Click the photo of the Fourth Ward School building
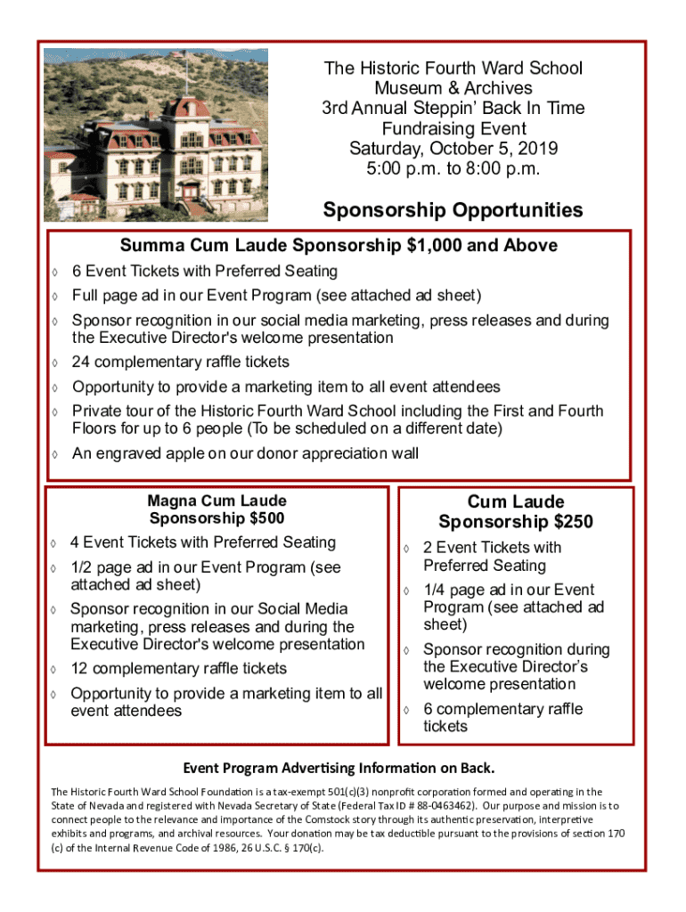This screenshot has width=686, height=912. click(156, 135)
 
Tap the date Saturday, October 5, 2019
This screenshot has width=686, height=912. click(453, 149)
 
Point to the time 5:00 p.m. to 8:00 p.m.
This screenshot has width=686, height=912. click(453, 168)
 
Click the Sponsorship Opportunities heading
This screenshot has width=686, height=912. click(453, 210)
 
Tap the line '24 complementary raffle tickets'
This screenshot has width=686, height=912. click(181, 362)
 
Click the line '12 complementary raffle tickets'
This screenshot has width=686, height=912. click(179, 669)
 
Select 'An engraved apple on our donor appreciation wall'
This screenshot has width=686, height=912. click(245, 453)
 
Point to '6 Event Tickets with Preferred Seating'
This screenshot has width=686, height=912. click(205, 271)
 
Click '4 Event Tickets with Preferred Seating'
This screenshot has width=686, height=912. click(203, 542)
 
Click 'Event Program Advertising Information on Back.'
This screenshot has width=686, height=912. click(339, 768)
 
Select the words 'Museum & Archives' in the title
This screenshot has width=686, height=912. click(453, 88)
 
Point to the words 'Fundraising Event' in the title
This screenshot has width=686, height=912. click(453, 128)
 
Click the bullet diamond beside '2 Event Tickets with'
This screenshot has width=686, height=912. click(405, 549)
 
